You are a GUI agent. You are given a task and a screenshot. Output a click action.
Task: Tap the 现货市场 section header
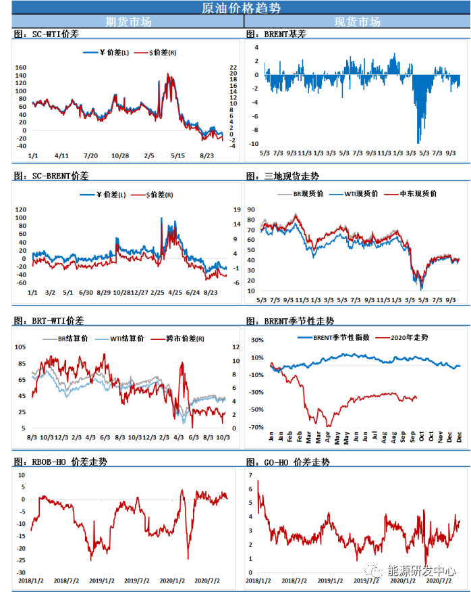(x=357, y=22)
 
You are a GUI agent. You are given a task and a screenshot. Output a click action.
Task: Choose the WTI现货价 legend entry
(x=360, y=194)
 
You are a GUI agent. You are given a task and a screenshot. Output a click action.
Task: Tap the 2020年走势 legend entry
(x=406, y=337)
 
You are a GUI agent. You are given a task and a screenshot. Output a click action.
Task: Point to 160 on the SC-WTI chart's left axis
(x=20, y=68)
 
